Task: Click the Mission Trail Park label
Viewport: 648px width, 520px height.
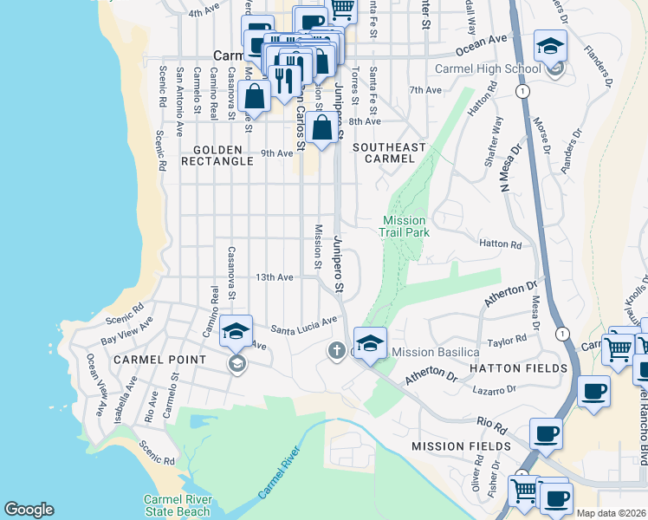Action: [x=404, y=227]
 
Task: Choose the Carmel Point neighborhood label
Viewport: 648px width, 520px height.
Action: [x=159, y=359]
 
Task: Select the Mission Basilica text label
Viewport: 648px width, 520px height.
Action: [x=436, y=352]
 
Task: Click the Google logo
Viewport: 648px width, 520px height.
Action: [x=29, y=510]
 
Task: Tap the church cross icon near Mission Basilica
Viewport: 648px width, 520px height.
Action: [x=336, y=351]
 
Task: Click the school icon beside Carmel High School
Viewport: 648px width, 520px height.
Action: [x=550, y=48]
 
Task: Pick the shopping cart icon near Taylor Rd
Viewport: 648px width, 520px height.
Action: [x=618, y=348]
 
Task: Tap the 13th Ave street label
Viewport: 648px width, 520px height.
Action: [x=274, y=277]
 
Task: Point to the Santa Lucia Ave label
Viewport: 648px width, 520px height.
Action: [x=303, y=325]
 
